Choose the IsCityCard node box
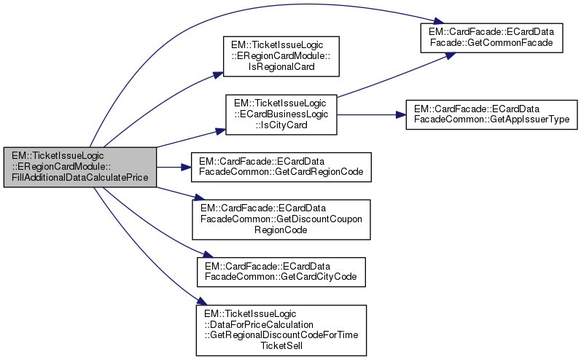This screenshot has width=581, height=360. [281, 114]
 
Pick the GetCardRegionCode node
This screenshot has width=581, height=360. [281, 167]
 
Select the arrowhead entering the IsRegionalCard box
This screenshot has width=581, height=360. [217, 73]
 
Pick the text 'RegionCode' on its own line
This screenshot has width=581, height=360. [281, 229]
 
